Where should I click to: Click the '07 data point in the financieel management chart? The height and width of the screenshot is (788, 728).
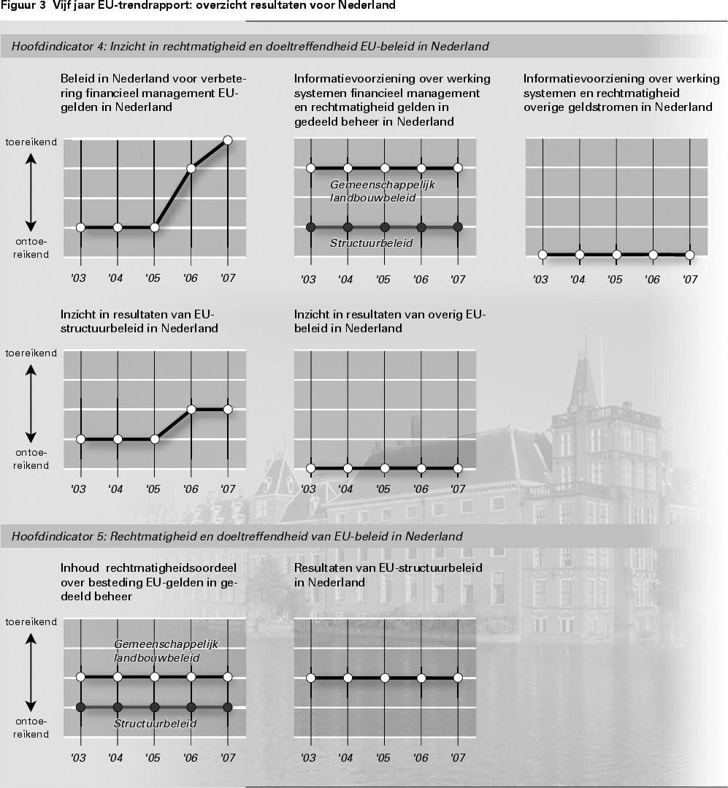tap(227, 139)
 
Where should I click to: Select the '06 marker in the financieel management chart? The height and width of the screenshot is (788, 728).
tap(191, 169)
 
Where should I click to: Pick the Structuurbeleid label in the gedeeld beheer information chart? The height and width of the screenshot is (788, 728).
tap(372, 243)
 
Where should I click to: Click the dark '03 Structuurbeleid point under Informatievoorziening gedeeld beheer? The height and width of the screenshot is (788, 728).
tap(310, 227)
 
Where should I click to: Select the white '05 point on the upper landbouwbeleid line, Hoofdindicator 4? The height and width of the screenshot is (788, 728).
tap(385, 168)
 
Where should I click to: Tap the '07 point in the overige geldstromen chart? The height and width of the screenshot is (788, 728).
tap(690, 255)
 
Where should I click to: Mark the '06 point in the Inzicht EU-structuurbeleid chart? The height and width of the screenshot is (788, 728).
tap(191, 409)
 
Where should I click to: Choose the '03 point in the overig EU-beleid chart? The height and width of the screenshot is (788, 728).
tap(310, 468)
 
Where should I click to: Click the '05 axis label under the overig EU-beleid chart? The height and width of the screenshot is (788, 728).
tap(383, 489)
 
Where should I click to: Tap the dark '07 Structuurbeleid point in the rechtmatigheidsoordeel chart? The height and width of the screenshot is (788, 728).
tap(227, 707)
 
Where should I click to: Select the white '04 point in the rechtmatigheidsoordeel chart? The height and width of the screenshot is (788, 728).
tap(117, 677)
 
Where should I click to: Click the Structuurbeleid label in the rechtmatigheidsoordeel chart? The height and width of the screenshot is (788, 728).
tap(156, 723)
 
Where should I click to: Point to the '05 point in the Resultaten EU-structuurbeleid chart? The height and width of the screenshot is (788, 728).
tap(384, 678)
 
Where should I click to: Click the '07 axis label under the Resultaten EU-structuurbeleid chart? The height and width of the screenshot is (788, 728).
tap(457, 758)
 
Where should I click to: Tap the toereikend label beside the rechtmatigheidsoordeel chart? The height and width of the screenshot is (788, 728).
tap(31, 621)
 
